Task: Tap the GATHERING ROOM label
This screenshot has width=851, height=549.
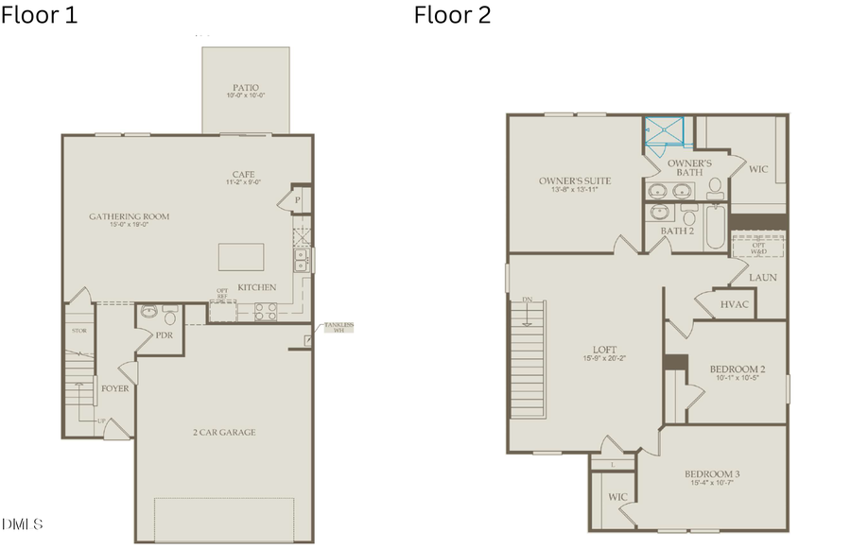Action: [x=130, y=216]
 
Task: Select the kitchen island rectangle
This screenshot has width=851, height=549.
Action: [x=241, y=257]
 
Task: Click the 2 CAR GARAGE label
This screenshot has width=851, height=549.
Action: [x=224, y=433]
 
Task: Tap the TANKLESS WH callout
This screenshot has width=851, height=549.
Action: [x=339, y=327]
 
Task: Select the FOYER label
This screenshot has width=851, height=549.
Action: [x=115, y=388]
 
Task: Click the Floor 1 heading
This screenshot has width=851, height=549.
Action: [x=40, y=15]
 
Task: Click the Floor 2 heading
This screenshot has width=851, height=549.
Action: [x=452, y=15]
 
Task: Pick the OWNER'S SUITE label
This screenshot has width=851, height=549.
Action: [x=575, y=180]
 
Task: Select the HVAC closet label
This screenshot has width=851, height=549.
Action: [x=734, y=304]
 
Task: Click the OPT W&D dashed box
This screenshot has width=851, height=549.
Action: [x=759, y=247]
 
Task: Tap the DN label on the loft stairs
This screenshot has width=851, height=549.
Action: [x=527, y=300]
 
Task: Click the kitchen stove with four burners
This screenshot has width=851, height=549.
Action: [x=264, y=308]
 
